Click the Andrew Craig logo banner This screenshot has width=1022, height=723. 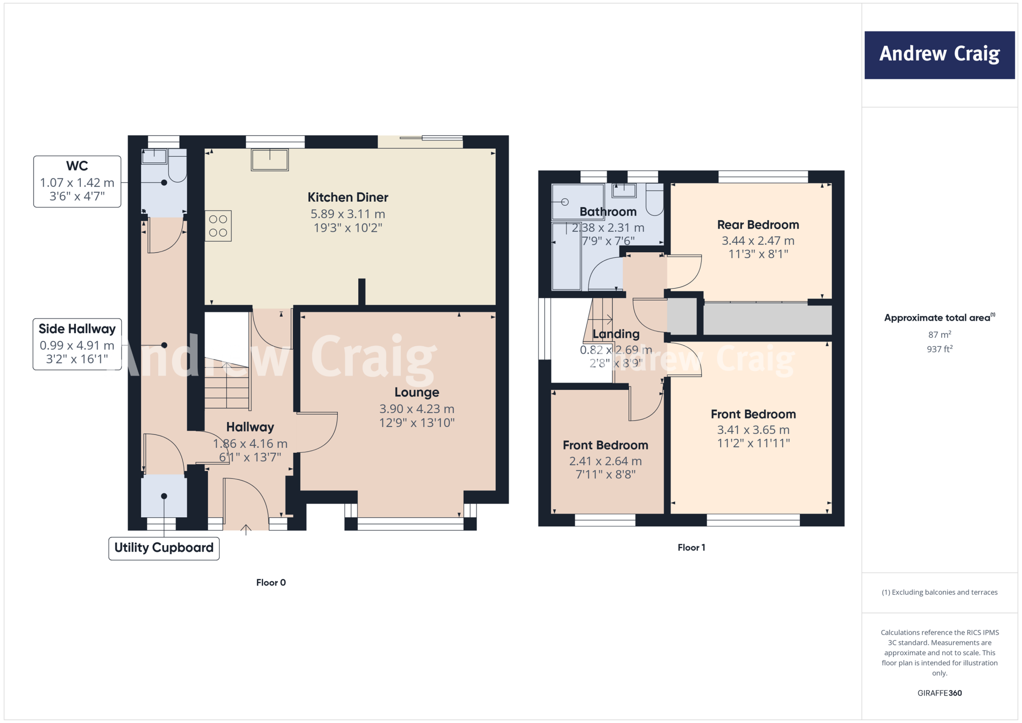(939, 55)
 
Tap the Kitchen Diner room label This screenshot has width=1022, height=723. (348, 197)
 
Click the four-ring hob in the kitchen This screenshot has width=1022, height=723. (218, 226)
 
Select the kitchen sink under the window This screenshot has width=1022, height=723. (270, 160)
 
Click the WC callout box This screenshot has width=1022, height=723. (77, 181)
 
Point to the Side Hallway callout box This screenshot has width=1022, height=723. (77, 344)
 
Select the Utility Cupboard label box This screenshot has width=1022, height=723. (164, 548)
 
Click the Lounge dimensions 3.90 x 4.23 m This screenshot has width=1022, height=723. (417, 409)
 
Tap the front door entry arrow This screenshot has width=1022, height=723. (246, 529)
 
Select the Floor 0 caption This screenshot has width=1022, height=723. (271, 583)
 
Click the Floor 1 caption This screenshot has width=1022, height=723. (691, 548)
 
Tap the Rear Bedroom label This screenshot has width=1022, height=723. (758, 225)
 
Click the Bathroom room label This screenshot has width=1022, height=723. (608, 212)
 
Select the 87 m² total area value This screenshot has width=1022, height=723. (939, 335)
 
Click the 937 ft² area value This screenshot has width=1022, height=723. (939, 349)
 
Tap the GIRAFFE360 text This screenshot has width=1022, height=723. (939, 693)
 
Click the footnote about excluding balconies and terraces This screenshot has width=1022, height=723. (939, 592)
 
